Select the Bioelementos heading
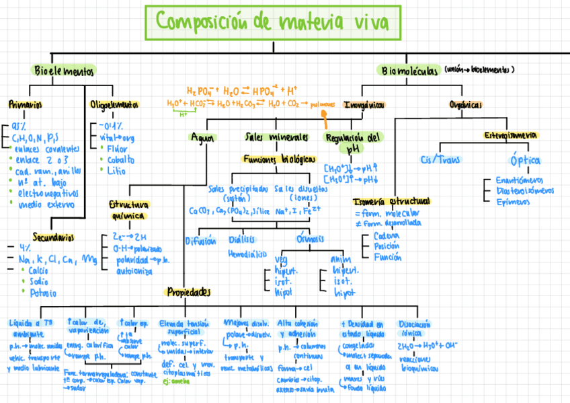point(64,71)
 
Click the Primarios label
point(25,105)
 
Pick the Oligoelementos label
point(114,105)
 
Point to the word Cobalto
point(120,160)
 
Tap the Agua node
point(202,137)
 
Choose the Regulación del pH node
point(354,142)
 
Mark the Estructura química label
point(128,210)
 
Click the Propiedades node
point(189,293)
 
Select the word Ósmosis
point(310,240)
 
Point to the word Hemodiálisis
point(247,254)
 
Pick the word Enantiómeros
point(521,180)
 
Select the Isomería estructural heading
point(391,201)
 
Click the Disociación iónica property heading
point(415,328)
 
